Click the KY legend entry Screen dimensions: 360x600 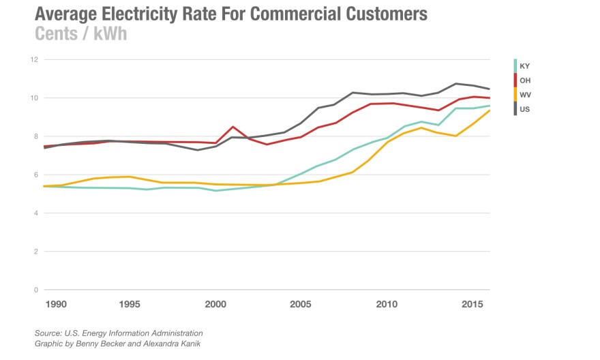click(524, 66)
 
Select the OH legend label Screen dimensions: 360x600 click(524, 80)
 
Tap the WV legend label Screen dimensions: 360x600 click(525, 95)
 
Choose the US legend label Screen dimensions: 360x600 click(524, 109)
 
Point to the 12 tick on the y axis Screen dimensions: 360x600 click(33, 59)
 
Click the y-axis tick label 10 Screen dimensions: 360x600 click(33, 98)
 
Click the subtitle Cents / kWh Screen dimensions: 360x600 click(80, 34)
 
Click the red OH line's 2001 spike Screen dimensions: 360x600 click(233, 127)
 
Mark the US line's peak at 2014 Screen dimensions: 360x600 click(455, 84)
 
